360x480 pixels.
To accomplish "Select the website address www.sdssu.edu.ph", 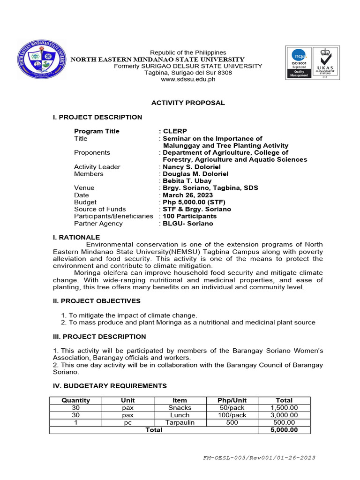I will click(188, 80).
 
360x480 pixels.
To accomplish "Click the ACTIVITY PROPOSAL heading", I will click(187, 103).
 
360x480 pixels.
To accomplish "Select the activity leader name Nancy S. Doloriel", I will click(191, 167).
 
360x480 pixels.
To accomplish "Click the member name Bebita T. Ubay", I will click(187, 181).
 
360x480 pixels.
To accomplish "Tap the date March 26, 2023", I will click(187, 195).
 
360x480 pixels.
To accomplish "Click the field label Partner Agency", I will click(98, 224).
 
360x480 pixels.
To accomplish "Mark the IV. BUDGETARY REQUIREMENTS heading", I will click(110, 386).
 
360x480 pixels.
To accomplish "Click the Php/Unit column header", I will click(232, 400).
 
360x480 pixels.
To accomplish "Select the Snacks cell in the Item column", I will click(180, 408).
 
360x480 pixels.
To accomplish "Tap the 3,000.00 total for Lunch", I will click(284, 415).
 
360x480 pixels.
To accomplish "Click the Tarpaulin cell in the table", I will click(180, 422).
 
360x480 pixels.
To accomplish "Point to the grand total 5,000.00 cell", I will click(284, 430).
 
